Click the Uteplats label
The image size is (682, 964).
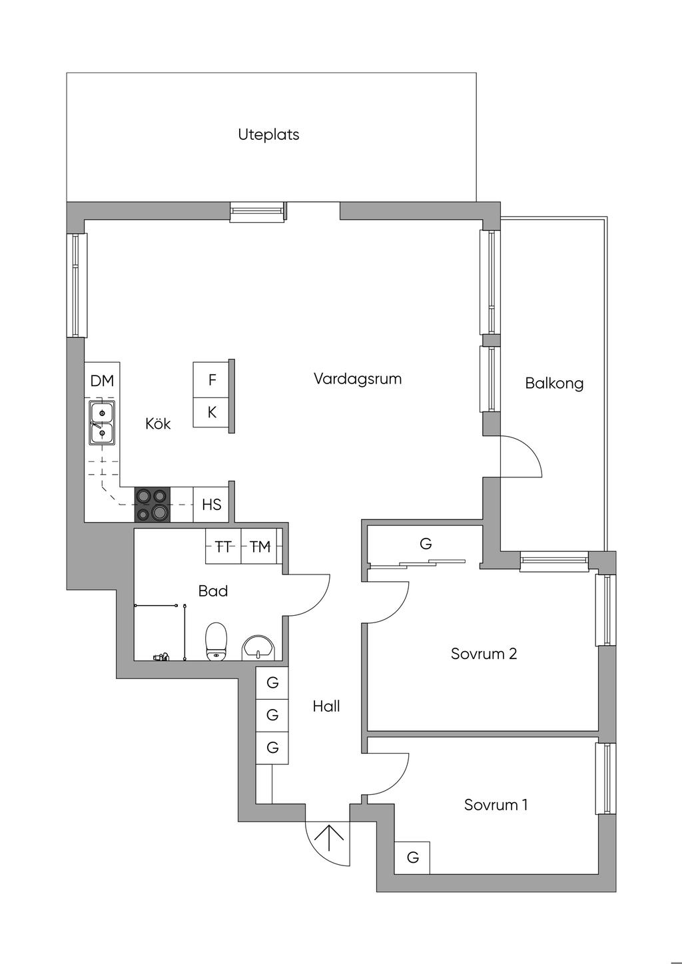268,134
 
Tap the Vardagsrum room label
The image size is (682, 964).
358,379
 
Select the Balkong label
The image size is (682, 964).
554,383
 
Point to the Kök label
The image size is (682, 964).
158,423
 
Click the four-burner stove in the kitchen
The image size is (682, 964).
153,505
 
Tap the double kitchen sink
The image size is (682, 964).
102,423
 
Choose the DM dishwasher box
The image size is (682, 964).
102,381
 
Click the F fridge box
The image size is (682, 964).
212,380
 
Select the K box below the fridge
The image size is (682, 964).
212,412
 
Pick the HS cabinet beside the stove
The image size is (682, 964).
211,505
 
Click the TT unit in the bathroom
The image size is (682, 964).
223,547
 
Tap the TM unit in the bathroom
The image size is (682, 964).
260,547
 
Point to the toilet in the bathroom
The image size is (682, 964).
216,642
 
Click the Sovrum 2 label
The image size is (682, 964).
484,654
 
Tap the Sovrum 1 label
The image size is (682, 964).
496,805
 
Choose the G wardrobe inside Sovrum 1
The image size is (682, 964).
413,857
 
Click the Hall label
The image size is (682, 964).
326,706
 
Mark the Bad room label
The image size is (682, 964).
213,591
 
